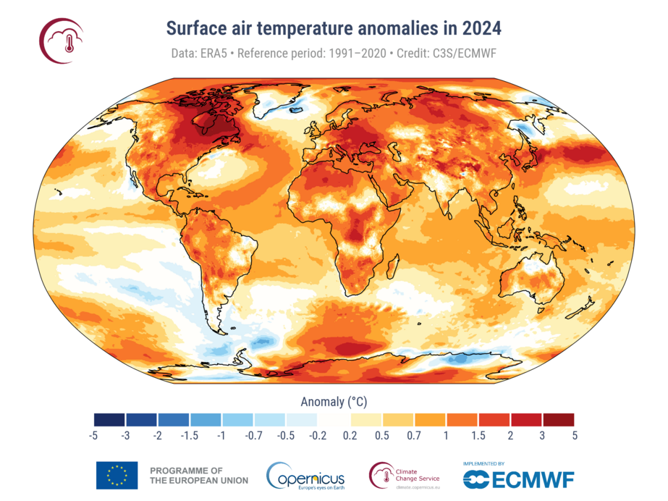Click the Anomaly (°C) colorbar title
click(x=334, y=400)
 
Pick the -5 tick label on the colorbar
click(x=93, y=435)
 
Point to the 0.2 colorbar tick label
click(x=350, y=435)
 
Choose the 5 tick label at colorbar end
click(x=575, y=435)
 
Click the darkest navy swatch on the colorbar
click(x=109, y=419)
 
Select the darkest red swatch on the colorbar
click(x=558, y=419)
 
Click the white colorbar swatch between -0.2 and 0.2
click(x=334, y=419)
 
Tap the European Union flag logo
click(x=117, y=475)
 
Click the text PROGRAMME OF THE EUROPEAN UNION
click(x=198, y=475)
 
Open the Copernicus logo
click(x=305, y=476)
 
